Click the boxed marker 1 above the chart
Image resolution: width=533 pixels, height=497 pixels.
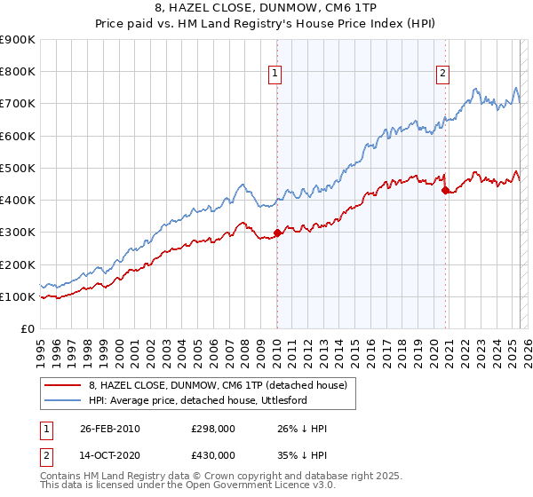coord(276,74)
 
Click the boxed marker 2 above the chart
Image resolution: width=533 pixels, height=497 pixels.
coord(442,74)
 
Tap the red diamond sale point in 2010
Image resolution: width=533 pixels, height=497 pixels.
coord(277,233)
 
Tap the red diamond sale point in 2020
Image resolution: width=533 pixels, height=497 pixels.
coord(445,190)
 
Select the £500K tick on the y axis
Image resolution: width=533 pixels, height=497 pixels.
coord(19,168)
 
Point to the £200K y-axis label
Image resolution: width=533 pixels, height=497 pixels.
coord(19,264)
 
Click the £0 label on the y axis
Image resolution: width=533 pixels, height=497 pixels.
coord(28,329)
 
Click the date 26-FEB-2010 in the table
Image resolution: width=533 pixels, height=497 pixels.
coord(109,429)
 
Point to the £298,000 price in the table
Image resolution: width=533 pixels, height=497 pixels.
coord(213,429)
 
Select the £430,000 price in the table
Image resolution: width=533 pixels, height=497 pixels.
coord(213,454)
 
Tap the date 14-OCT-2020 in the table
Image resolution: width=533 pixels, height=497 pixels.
coord(109,454)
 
